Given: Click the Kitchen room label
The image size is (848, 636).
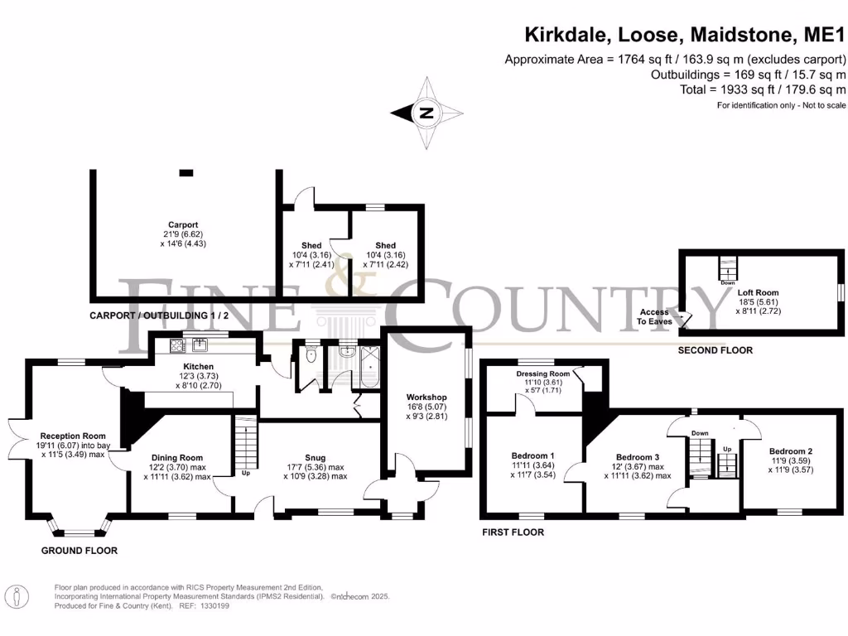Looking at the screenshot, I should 199,367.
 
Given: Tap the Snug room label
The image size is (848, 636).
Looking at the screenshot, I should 315,457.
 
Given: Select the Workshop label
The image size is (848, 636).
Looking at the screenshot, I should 427,397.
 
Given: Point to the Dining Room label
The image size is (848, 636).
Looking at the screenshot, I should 177,457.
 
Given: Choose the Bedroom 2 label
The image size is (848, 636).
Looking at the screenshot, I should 790,451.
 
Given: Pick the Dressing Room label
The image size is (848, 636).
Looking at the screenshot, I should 542,373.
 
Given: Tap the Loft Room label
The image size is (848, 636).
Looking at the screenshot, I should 759,292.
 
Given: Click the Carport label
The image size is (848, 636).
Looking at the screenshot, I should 183,224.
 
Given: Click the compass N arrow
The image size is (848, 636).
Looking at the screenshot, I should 426,113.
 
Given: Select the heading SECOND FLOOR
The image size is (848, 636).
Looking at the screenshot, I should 715,350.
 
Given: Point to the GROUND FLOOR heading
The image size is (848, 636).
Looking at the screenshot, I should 80,551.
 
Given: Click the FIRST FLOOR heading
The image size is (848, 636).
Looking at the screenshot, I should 513,532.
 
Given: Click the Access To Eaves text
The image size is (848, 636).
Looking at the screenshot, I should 655,316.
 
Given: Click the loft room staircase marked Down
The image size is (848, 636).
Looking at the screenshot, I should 727,269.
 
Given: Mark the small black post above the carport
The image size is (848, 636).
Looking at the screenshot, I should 186,172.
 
